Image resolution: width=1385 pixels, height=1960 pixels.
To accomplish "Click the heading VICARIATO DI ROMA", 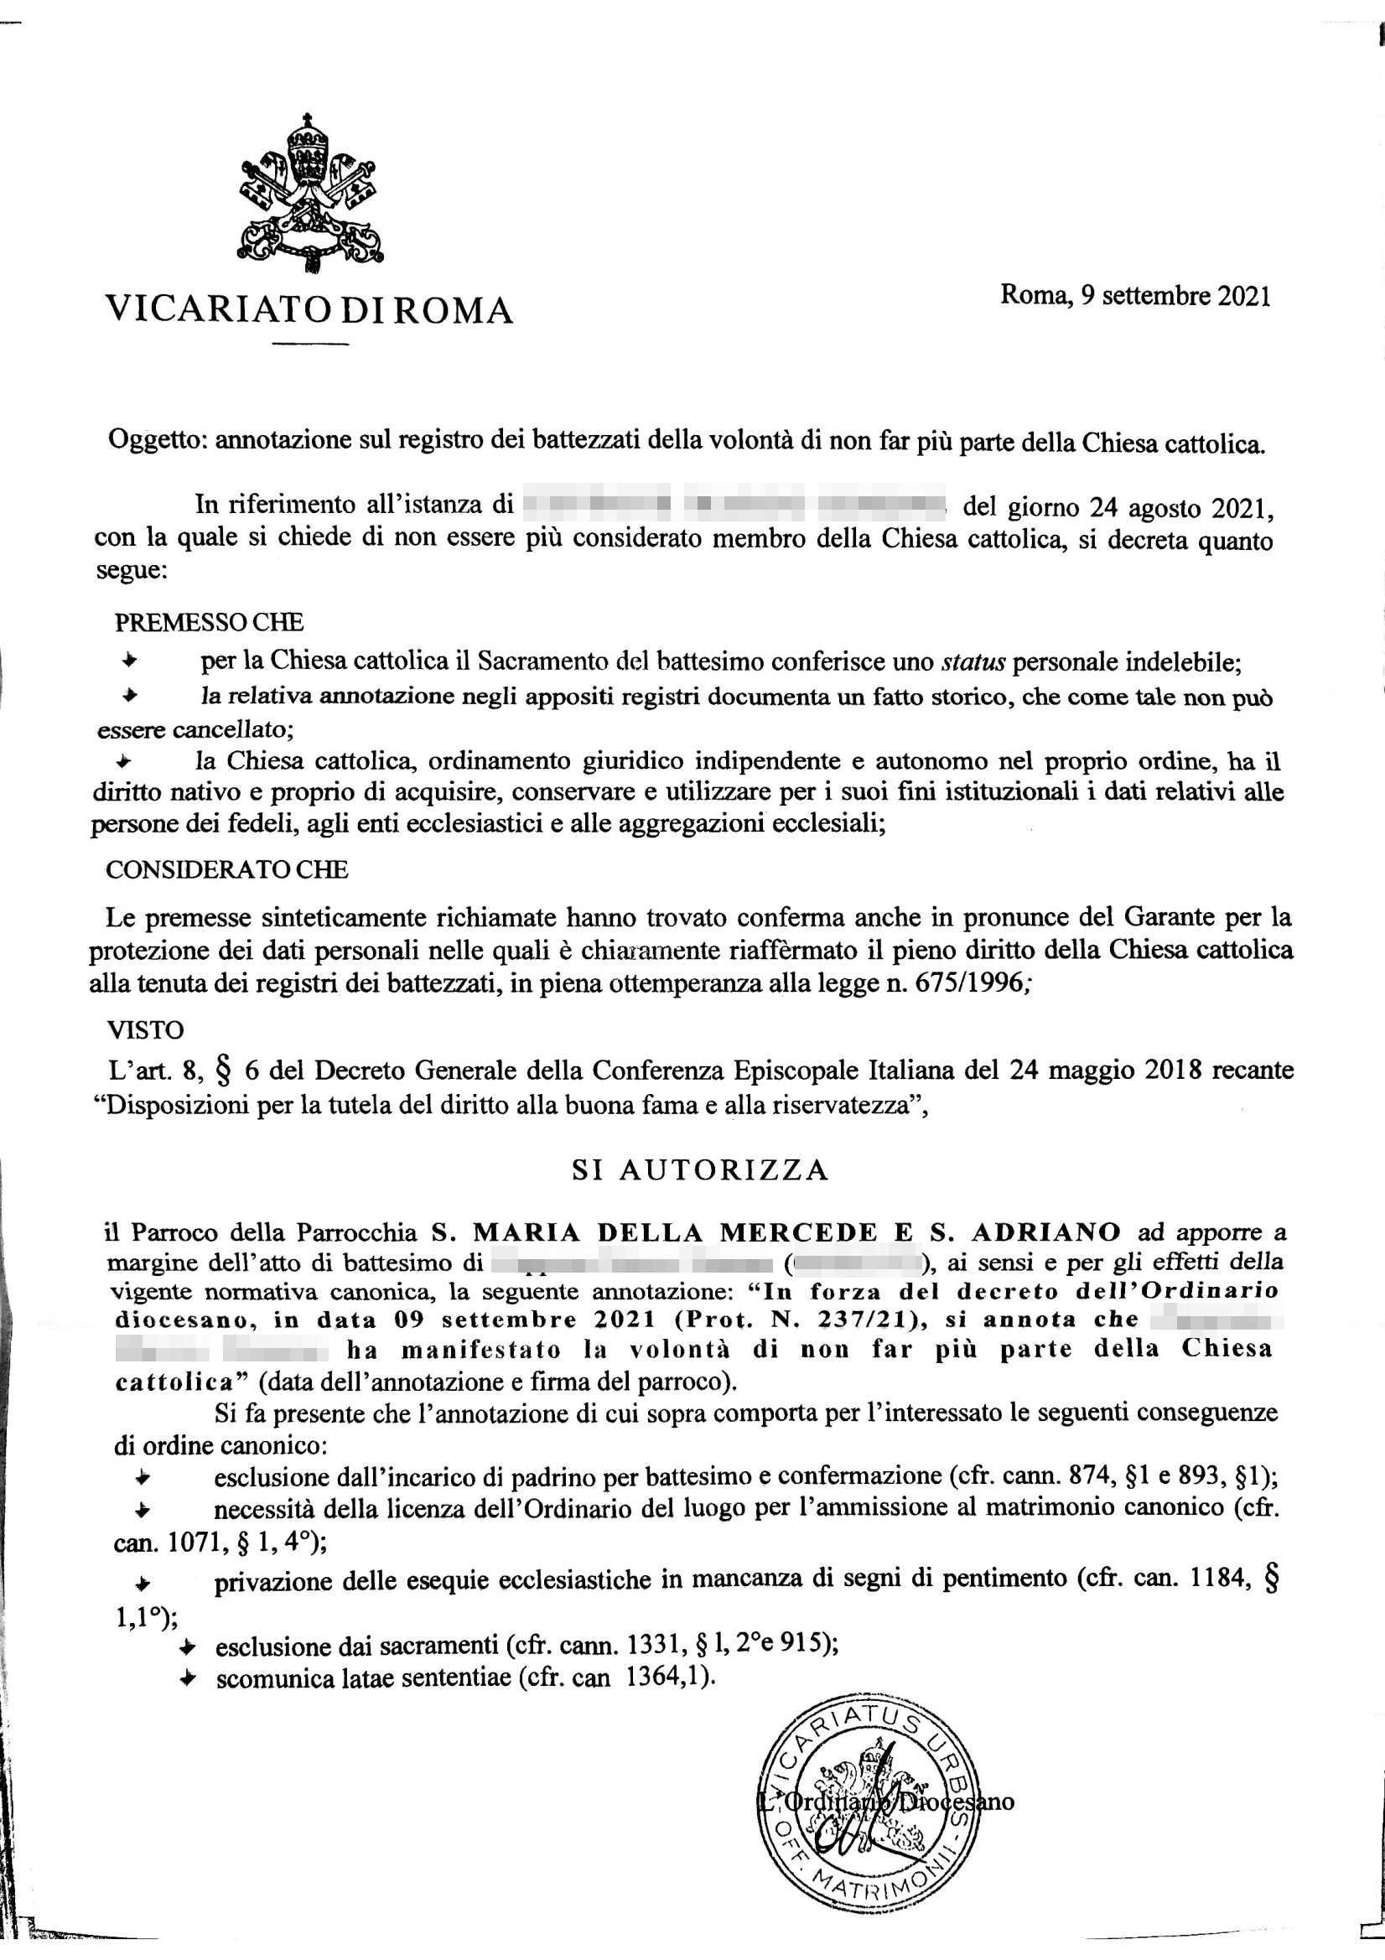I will pyautogui.click(x=309, y=310).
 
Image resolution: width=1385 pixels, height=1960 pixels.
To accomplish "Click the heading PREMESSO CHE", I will pyautogui.click(x=209, y=622).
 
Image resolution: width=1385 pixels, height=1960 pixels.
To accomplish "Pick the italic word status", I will pyautogui.click(x=973, y=661).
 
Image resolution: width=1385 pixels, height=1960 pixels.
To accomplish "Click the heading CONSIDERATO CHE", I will pyautogui.click(x=226, y=870).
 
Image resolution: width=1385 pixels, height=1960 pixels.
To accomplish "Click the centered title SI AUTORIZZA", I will pyautogui.click(x=700, y=1169).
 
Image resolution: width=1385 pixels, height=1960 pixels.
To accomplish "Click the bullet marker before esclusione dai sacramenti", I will pyautogui.click(x=188, y=1645).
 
